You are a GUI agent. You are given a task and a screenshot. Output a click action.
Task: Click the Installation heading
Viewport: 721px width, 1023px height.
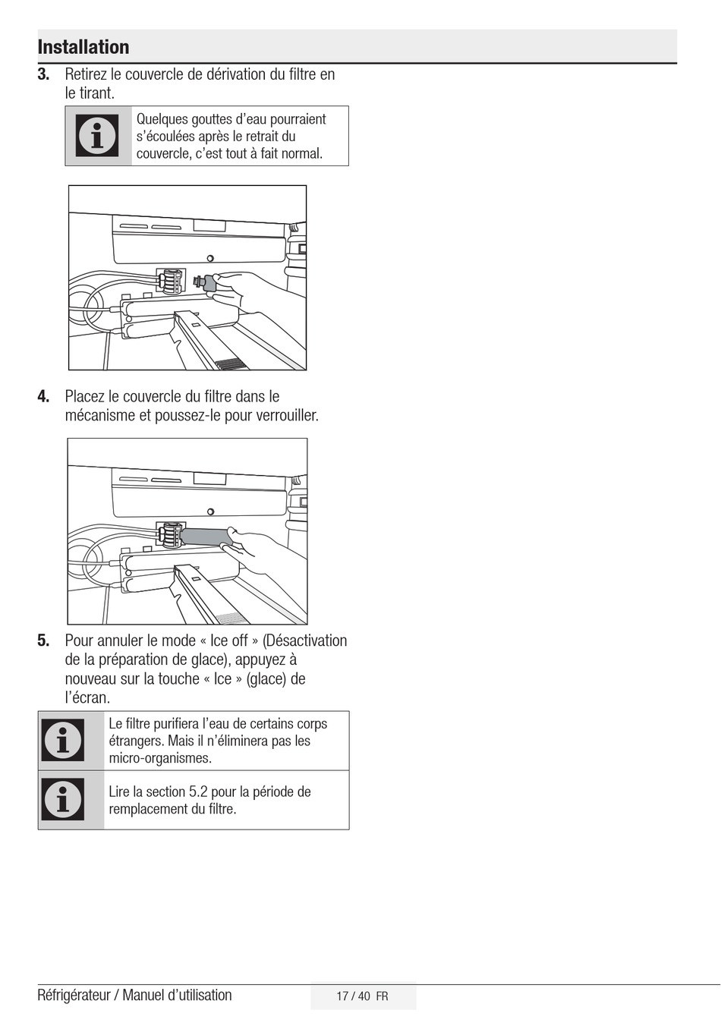pos(83,47)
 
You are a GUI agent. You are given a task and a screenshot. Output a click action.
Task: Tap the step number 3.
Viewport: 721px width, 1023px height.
pos(44,74)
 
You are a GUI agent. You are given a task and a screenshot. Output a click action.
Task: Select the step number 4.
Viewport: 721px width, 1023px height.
pos(44,396)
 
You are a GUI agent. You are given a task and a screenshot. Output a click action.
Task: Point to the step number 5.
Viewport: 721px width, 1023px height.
pos(44,641)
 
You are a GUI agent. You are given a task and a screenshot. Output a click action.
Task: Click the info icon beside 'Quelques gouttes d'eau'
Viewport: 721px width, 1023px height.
pos(98,136)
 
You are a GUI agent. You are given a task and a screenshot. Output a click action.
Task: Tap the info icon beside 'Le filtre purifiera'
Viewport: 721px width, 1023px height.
pos(64,741)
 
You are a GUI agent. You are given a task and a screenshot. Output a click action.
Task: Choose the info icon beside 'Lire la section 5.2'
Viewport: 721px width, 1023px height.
pos(64,800)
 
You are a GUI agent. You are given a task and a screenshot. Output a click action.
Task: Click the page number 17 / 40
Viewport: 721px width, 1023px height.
pos(353,996)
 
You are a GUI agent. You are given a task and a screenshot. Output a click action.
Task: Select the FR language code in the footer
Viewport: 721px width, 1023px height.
pos(382,996)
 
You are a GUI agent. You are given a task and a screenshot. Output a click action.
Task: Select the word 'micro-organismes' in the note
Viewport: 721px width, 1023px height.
pos(160,758)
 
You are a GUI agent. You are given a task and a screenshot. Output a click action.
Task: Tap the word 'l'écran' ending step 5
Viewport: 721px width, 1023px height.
pos(87,697)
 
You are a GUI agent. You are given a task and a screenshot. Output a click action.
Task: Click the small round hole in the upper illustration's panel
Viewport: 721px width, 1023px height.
pos(210,258)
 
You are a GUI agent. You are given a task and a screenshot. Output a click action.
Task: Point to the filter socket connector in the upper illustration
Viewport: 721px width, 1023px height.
pos(171,282)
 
